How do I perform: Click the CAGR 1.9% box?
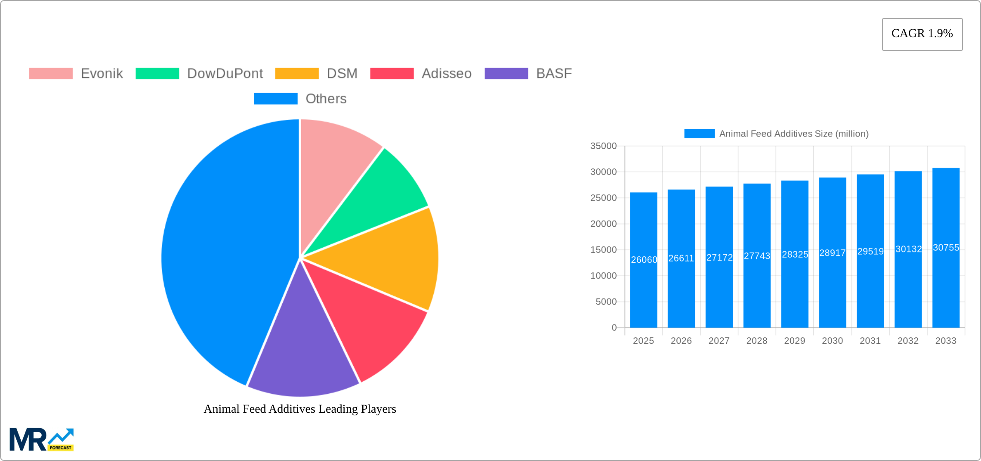(922, 34)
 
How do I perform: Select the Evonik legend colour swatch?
(51, 74)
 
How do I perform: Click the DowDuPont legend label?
(225, 74)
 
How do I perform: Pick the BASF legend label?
(554, 74)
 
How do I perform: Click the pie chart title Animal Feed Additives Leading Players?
(300, 409)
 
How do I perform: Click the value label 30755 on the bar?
(946, 248)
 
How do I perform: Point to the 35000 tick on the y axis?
(603, 146)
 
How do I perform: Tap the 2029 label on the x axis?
(794, 341)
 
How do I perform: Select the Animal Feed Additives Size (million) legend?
(776, 134)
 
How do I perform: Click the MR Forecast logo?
(42, 439)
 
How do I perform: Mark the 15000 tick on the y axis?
(603, 250)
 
